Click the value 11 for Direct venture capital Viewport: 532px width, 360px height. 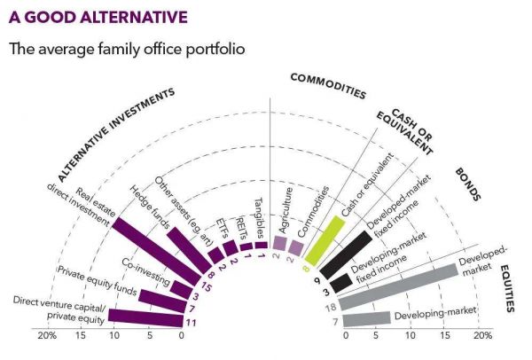click(190, 323)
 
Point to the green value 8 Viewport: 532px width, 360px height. click(306, 269)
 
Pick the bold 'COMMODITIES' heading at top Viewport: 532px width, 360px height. click(328, 86)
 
